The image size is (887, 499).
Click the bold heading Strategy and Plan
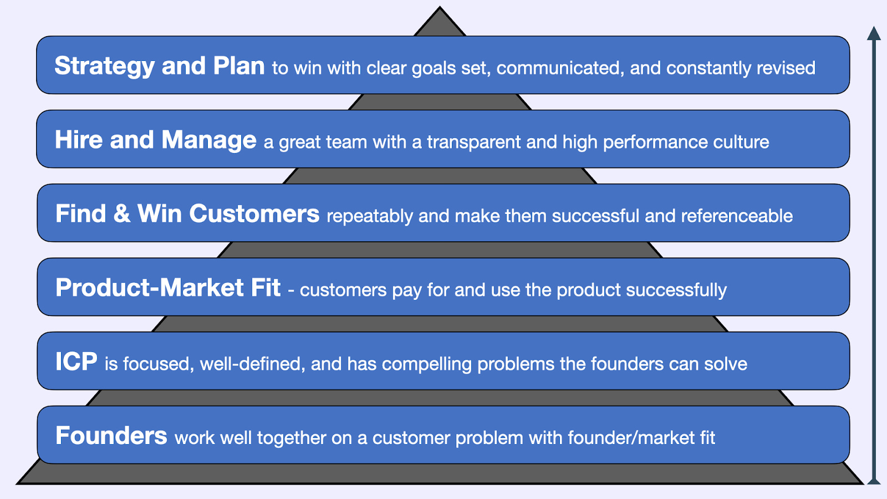[x=159, y=66]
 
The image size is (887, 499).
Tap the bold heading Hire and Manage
[x=155, y=140]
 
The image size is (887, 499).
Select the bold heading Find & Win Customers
[x=187, y=214]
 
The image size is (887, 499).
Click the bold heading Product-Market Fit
[x=167, y=288]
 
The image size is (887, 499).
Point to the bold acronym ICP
[x=76, y=362]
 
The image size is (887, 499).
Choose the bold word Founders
[x=111, y=436]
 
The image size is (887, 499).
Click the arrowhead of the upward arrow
[x=874, y=33]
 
